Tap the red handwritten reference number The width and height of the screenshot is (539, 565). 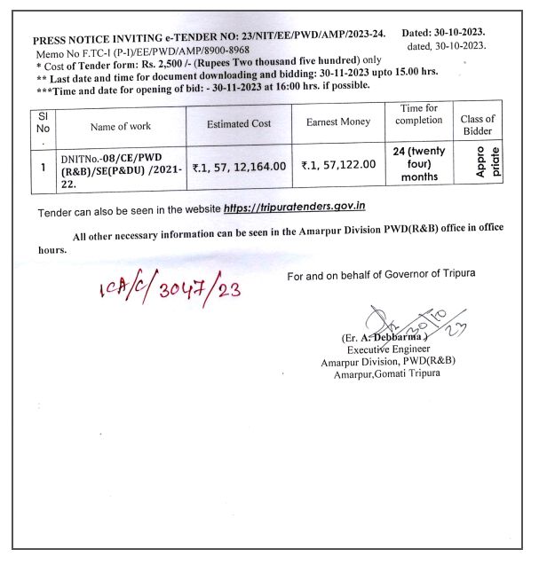pyautogui.click(x=170, y=289)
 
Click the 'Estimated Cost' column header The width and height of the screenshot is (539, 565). pyautogui.click(x=239, y=124)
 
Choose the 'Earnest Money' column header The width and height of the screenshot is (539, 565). pyautogui.click(x=337, y=122)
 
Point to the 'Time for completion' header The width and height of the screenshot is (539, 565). pyautogui.click(x=419, y=114)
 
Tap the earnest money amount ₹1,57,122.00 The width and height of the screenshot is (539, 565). pyautogui.click(x=337, y=165)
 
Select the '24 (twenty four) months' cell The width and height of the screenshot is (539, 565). pyautogui.click(x=419, y=164)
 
